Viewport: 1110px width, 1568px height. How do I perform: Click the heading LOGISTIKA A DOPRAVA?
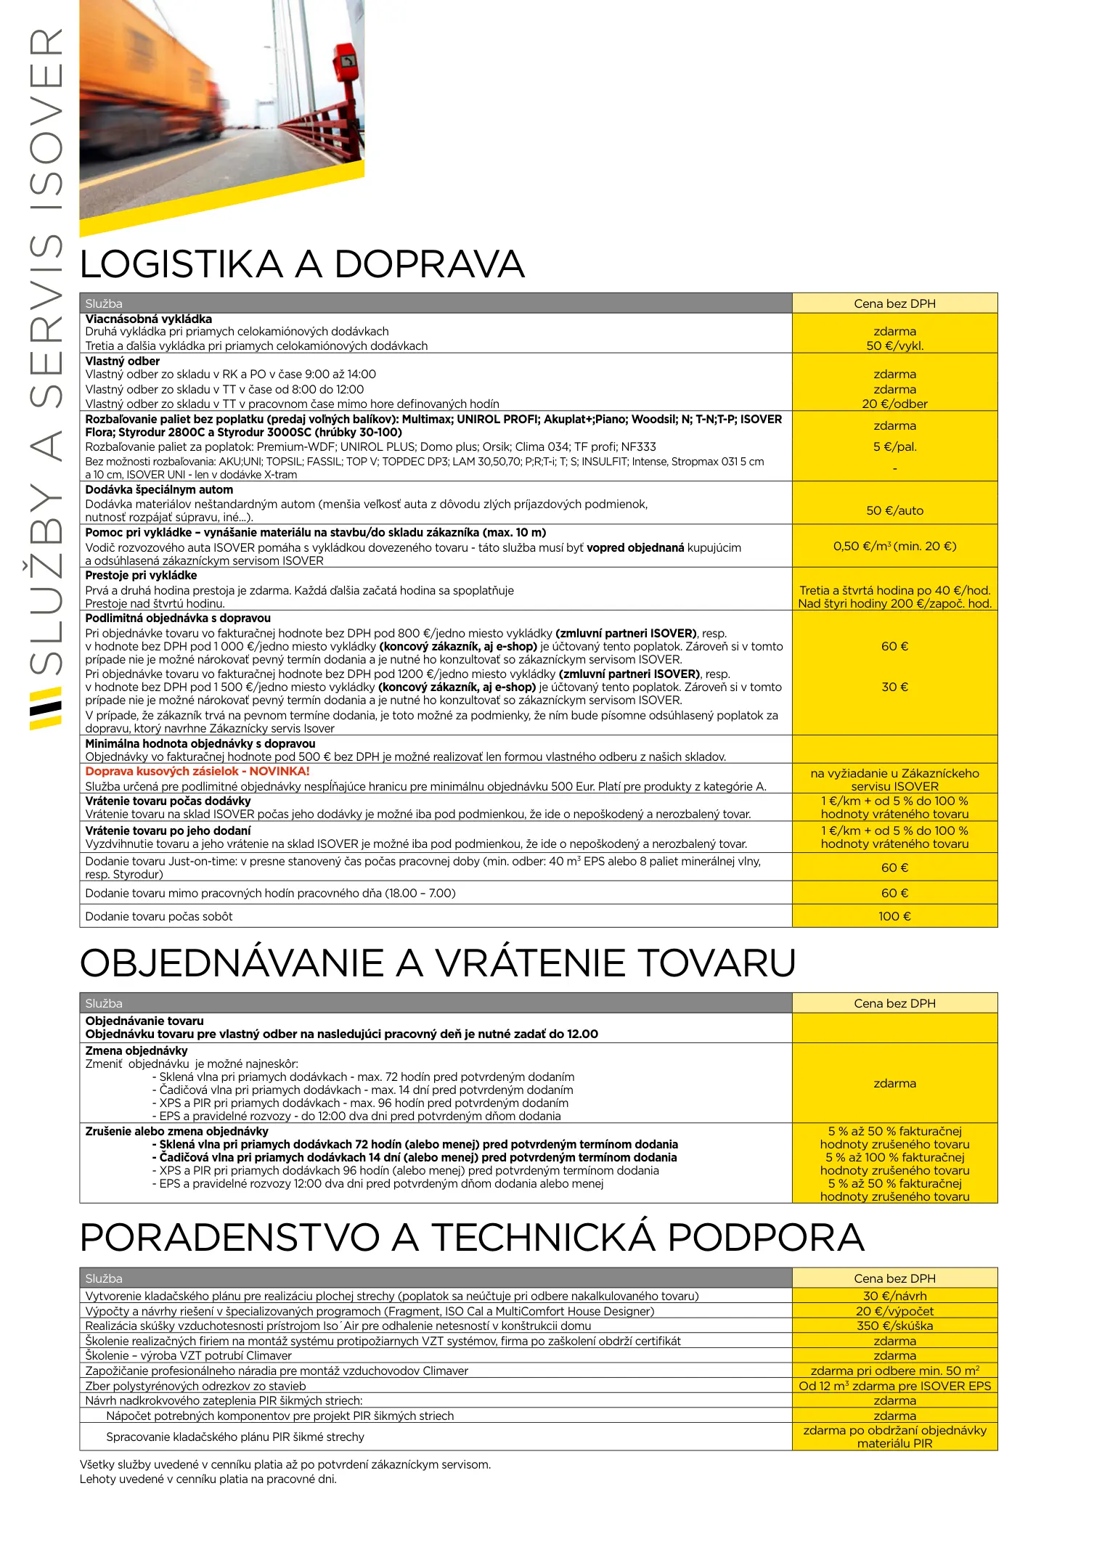302,264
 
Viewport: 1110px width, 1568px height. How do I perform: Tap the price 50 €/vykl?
894,346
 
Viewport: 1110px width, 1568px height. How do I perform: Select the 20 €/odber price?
894,404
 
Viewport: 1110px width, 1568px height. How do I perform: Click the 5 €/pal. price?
894,446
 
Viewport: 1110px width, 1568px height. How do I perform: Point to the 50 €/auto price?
894,510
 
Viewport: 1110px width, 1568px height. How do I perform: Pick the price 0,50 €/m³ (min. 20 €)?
894,546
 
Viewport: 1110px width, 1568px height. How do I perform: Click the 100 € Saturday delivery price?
894,916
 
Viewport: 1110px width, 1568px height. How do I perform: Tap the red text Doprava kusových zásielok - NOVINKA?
197,771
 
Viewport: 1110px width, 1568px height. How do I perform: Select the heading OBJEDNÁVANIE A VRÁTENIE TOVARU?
438,963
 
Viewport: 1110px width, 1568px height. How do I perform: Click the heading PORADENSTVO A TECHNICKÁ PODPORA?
472,1238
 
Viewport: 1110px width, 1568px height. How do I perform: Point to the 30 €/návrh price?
894,1296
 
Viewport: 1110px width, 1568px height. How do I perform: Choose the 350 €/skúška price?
894,1326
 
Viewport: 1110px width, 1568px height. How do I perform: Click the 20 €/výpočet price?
894,1311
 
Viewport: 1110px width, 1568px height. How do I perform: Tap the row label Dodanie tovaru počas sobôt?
159,916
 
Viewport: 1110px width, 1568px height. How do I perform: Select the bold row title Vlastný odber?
123,361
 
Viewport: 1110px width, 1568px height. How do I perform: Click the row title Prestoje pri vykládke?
141,575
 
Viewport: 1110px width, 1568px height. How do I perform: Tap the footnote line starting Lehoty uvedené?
208,1479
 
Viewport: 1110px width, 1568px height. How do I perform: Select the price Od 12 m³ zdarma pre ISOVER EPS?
894,1386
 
